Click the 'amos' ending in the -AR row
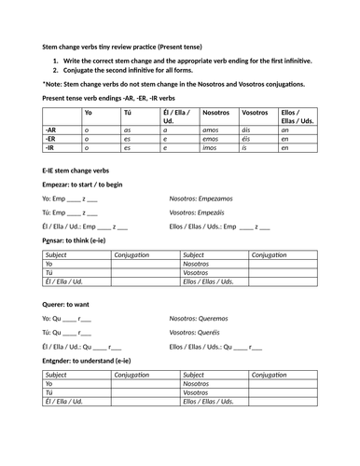coord(211,130)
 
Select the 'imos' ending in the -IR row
coord(211,147)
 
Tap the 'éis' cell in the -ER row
coord(246,139)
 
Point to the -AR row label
coord(52,130)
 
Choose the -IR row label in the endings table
coord(51,147)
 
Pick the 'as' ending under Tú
coord(129,130)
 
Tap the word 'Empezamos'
coord(221,199)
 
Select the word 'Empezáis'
coord(217,212)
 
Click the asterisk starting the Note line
coord(44,83)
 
